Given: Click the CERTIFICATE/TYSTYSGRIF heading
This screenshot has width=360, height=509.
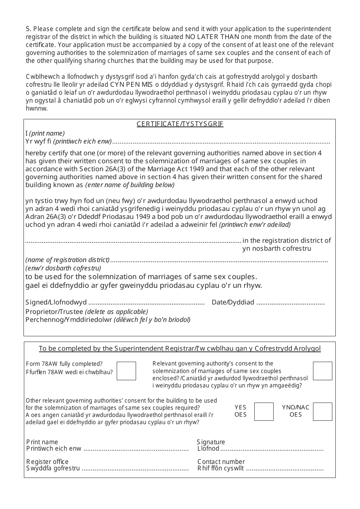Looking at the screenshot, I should point(180,124).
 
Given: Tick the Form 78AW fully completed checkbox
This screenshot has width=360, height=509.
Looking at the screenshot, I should point(126,371).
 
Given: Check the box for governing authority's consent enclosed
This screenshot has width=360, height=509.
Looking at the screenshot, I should point(322,371).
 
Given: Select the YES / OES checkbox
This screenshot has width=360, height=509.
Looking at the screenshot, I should point(263,412).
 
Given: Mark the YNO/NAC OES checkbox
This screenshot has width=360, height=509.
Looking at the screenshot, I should point(322,412).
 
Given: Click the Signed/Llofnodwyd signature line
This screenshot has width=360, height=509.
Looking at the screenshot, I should point(146,303).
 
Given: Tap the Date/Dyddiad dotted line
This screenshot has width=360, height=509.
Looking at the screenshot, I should point(291,303).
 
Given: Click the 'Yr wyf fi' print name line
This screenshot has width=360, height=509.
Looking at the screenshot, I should point(221,142).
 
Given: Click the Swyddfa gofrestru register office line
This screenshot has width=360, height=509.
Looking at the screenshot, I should point(135,469).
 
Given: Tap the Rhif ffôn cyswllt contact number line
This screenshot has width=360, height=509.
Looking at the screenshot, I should point(285,469).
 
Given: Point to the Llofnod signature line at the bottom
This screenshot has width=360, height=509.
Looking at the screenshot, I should point(272,449).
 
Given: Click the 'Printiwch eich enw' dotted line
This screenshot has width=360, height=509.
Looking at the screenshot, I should point(136,449).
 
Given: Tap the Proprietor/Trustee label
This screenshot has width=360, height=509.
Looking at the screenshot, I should point(54,312).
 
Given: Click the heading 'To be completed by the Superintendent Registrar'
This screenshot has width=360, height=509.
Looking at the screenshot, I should point(180,348).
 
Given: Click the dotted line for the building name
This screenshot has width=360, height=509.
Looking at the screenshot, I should point(133,241).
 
